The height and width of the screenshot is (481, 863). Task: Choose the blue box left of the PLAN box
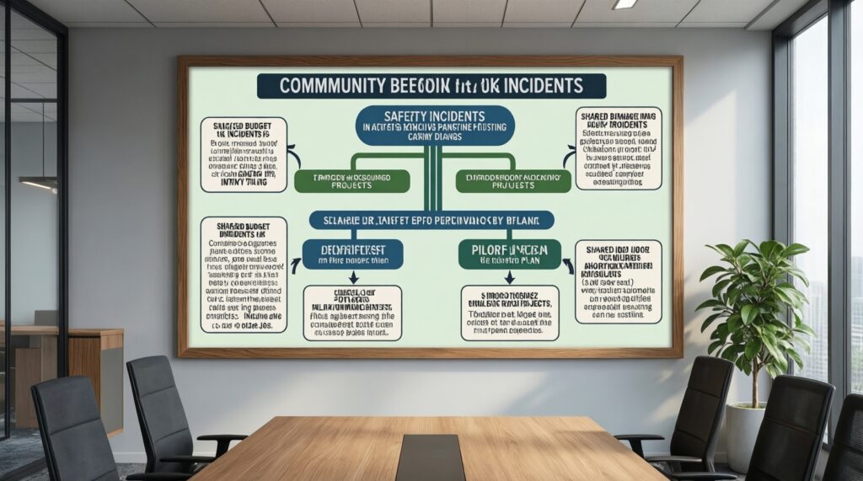353,253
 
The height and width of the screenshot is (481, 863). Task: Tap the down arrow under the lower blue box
353,277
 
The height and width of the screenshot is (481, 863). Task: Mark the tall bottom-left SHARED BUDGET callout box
244,275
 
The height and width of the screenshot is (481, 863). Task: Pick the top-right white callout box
618,147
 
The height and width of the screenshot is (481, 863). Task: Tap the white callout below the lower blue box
352,313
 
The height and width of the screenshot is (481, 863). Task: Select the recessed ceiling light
624,4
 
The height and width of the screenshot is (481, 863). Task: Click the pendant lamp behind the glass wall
39,183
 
